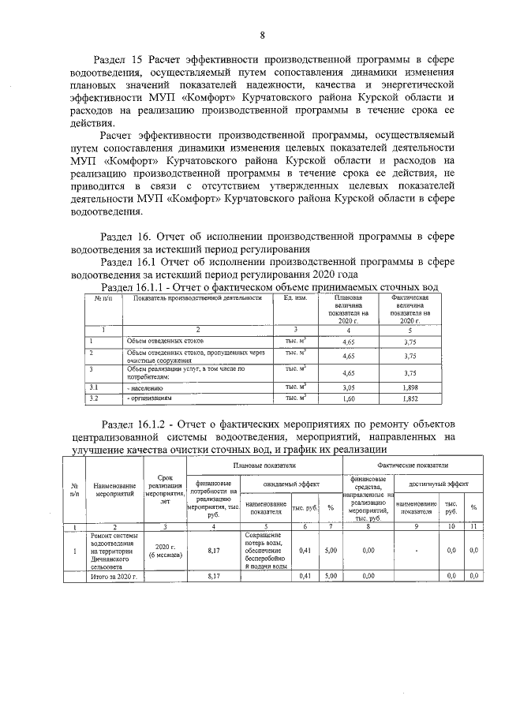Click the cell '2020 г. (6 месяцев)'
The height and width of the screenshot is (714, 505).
coord(164,551)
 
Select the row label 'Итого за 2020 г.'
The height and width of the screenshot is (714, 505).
coord(113,577)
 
